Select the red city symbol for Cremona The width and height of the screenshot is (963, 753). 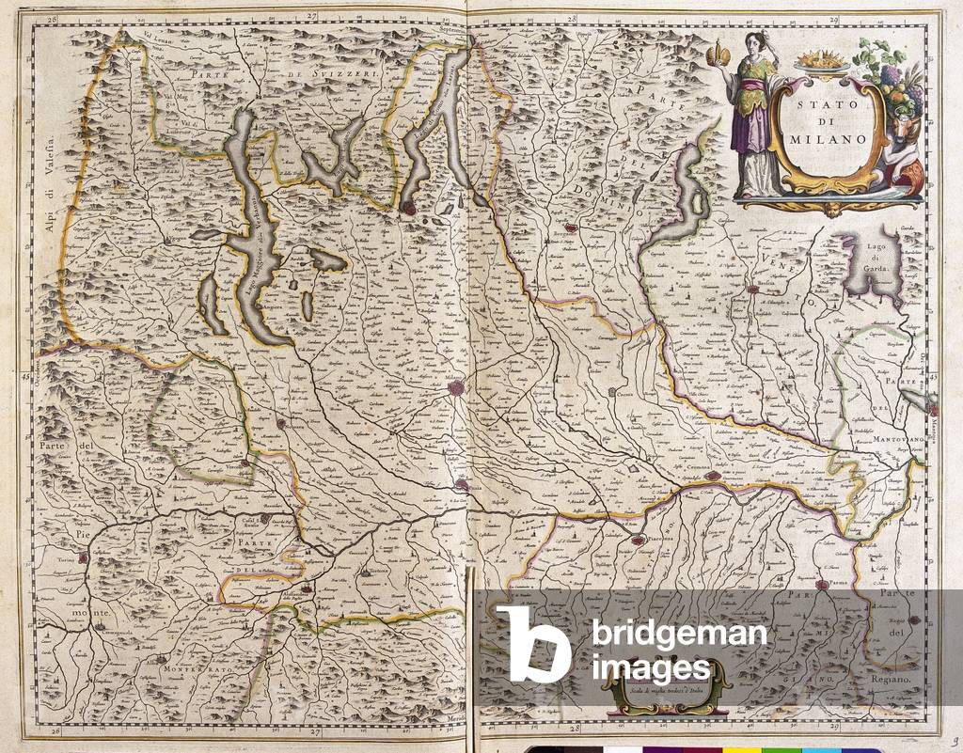[714, 476]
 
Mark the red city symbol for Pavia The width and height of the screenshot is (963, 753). [462, 485]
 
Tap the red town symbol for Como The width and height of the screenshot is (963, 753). [407, 204]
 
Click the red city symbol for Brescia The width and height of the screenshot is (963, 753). [752, 290]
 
